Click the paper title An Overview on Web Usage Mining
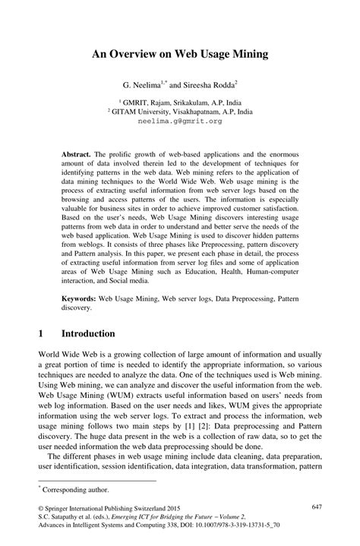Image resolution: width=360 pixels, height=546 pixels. pos(179,55)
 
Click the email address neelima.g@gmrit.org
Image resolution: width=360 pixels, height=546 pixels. pos(179,121)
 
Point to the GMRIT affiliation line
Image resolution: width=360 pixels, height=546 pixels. pos(179,100)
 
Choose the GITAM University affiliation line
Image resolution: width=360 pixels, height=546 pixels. pos(179,111)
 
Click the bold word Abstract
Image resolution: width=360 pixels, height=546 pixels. pos(77,153)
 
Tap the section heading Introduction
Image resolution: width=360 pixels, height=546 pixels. pos(88,333)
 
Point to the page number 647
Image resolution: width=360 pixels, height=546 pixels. pos(319,506)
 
